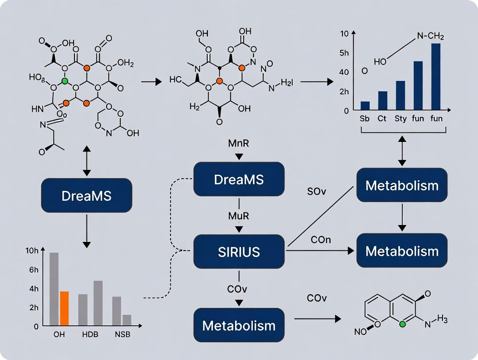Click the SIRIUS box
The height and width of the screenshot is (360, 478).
tap(239, 251)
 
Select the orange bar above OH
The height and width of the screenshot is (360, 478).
tap(64, 309)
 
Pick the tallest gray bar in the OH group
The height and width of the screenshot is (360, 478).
tap(54, 289)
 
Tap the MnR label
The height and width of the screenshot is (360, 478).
tap(239, 143)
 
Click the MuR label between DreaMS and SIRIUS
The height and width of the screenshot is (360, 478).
tap(239, 216)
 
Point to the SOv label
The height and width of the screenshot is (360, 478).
tap(317, 191)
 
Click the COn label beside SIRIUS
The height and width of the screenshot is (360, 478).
tap(321, 239)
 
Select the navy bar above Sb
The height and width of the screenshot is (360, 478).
tap(365, 105)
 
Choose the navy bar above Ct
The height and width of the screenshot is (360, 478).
tap(382, 100)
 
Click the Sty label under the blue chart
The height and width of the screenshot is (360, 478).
tap(400, 118)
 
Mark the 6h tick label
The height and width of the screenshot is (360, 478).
tap(33, 270)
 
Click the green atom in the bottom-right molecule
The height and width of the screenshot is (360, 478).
tap(402, 324)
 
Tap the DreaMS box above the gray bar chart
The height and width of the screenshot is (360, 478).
tap(87, 195)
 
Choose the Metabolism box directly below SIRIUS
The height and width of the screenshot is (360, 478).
tap(239, 325)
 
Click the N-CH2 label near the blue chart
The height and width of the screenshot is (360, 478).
tap(430, 37)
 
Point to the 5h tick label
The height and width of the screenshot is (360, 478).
tap(344, 53)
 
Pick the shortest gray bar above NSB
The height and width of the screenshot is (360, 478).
tap(126, 320)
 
